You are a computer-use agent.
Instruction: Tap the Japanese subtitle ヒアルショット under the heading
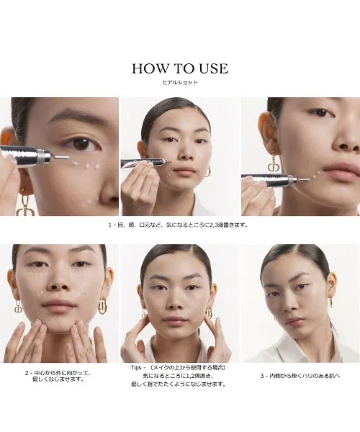point(180,82)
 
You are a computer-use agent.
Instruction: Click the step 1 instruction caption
point(179,225)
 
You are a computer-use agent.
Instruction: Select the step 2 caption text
point(58,376)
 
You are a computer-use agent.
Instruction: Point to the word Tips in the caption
point(136,367)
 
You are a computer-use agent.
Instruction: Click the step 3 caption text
point(300,376)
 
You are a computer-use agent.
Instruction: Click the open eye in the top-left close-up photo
point(82,144)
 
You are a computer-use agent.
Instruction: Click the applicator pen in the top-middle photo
point(145,163)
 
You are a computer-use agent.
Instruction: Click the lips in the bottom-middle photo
point(176,321)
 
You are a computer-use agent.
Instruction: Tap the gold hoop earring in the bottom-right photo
point(330,301)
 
